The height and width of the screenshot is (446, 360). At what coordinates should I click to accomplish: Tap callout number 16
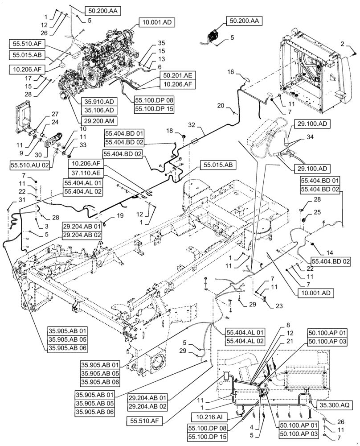click(230, 72)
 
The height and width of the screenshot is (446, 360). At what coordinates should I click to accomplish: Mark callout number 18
click(169, 131)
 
